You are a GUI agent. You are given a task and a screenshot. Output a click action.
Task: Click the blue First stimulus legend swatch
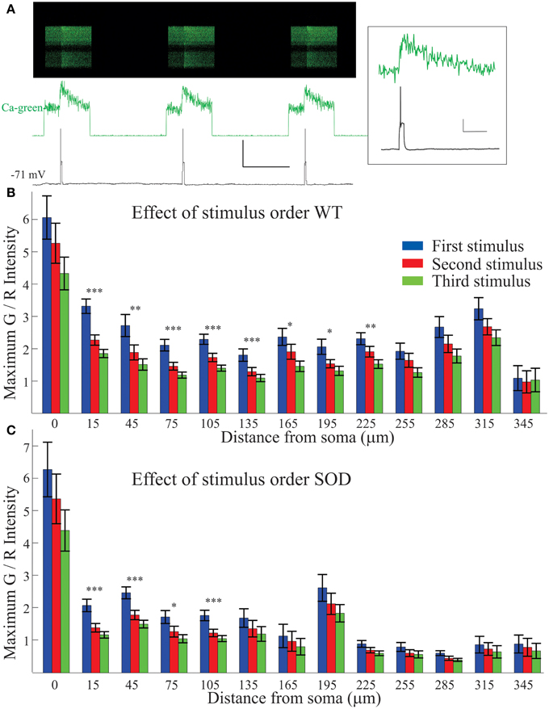413,246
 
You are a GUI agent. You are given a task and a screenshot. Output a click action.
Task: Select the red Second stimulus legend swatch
413,263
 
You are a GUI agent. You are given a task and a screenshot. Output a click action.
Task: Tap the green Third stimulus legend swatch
413,281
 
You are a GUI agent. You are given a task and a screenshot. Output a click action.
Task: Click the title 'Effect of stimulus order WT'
237,212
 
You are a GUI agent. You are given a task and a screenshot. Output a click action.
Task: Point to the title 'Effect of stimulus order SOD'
241,479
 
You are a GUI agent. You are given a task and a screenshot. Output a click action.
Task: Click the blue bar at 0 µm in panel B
47,315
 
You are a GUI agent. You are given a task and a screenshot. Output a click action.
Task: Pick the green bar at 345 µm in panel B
535,396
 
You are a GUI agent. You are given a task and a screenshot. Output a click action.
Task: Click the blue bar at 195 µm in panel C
322,630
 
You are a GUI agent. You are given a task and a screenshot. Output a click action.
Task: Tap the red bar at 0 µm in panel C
56,585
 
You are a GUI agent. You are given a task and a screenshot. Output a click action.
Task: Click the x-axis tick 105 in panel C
210,685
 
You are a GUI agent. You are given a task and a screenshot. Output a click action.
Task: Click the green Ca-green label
22,107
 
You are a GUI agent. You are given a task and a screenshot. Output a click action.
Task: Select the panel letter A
10,10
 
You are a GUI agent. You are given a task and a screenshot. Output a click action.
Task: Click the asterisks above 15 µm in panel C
94,589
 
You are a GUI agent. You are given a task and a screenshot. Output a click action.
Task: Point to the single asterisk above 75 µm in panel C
174,606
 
